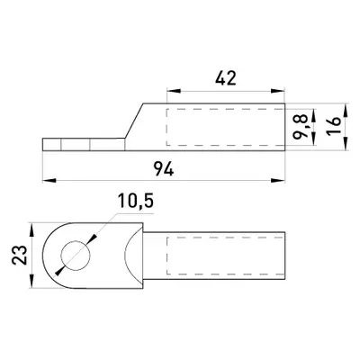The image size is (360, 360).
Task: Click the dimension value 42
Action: coord(226,78)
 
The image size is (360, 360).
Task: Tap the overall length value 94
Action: coord(164,168)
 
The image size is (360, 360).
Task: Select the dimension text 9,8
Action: coord(301,127)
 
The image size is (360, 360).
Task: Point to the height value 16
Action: coord(334,125)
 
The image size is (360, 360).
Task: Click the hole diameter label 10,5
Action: coord(136,201)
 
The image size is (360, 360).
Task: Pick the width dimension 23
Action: coord(20,256)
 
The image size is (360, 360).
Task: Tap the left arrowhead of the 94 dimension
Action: coord(49,180)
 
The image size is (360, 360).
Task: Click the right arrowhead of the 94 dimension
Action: coord(278,180)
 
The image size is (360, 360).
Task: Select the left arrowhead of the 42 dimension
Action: coord(174,91)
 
